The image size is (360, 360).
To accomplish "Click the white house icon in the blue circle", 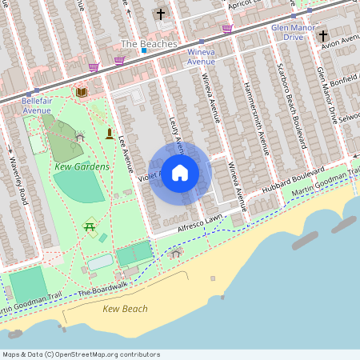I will point(180,172).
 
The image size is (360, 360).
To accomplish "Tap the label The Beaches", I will point(148,43).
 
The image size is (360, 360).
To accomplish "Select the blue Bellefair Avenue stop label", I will point(42,106).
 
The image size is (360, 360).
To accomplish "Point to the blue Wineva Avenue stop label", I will point(201,56).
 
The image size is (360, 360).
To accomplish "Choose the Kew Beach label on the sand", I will point(125,309).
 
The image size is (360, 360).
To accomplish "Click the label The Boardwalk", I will point(103,288).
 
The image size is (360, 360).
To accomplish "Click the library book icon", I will point(81,93).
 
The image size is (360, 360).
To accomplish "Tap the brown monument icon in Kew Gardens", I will point(109,133).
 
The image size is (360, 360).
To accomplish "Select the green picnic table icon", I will point(90,227).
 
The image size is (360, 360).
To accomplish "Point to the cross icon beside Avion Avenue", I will point(323,35).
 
